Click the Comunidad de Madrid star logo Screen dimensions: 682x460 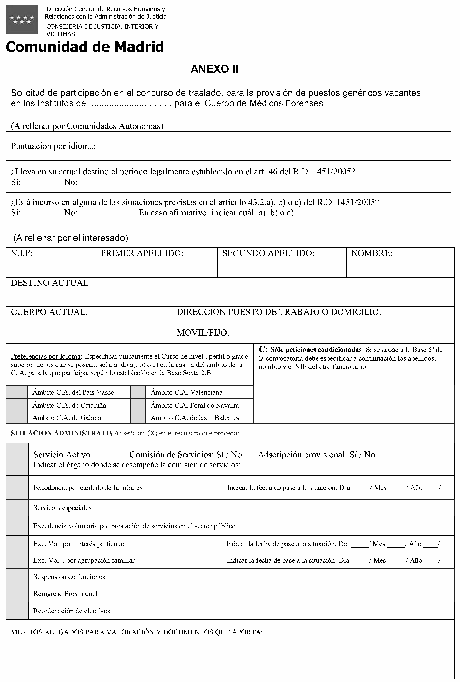22,19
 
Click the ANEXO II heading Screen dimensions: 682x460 214,69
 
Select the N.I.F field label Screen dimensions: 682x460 22,253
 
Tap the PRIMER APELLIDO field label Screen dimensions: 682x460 142,253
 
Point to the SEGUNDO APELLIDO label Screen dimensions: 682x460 268,253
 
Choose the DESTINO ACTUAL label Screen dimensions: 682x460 52,283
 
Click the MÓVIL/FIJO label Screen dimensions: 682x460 203,333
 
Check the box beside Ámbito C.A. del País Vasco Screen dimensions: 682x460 17,392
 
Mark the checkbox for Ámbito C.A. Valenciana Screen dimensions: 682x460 138,392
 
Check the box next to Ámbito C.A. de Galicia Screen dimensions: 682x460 17,418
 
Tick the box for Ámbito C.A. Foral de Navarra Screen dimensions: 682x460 138,405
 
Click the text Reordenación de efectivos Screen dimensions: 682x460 72,611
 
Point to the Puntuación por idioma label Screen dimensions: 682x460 53,146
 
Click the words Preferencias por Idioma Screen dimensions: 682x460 45,357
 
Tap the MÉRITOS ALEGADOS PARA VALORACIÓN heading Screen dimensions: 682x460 137,632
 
